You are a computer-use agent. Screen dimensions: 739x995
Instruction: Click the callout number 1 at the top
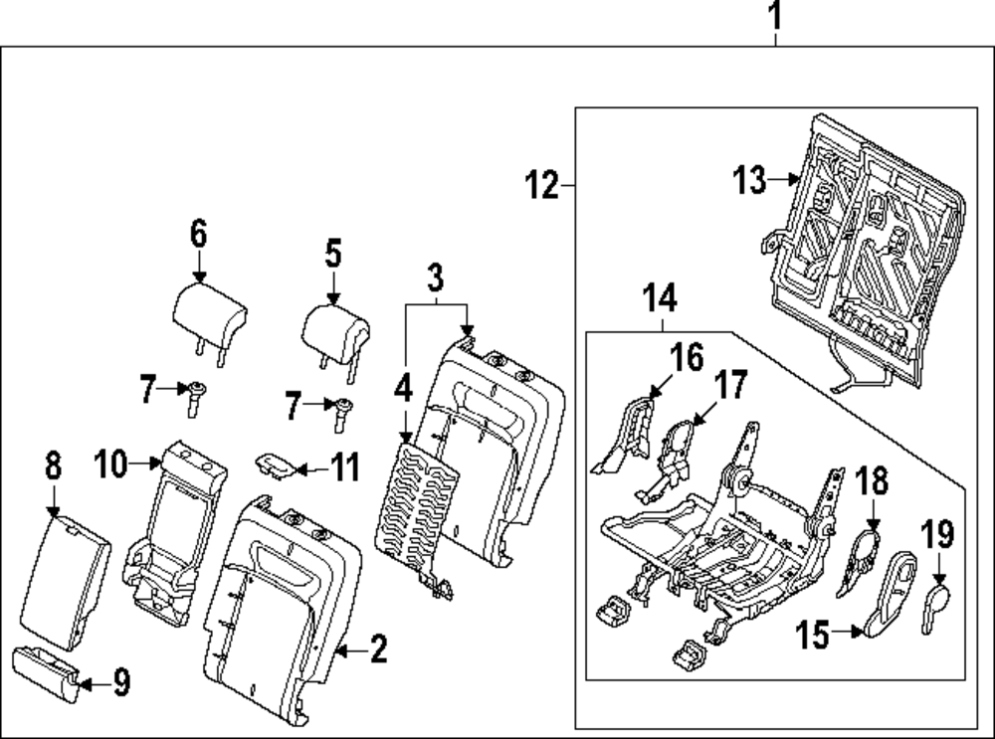(776, 16)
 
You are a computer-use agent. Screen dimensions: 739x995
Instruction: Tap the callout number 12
(542, 185)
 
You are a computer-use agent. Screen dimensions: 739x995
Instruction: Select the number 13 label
(750, 181)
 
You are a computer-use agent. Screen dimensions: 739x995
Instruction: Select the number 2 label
(377, 650)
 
